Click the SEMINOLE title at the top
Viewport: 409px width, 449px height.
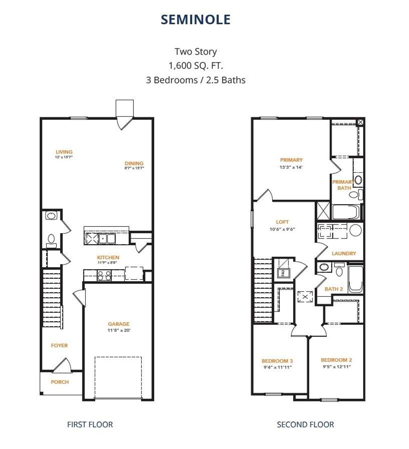pyautogui.click(x=196, y=19)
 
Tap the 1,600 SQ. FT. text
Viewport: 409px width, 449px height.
pyautogui.click(x=196, y=66)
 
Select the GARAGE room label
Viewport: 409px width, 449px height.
pyautogui.click(x=119, y=324)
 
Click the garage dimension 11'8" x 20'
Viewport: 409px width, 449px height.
pyautogui.click(x=119, y=330)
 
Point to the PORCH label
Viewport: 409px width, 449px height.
pyautogui.click(x=60, y=382)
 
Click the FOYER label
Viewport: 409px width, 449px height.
pyautogui.click(x=59, y=346)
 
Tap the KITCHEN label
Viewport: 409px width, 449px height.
pyautogui.click(x=108, y=258)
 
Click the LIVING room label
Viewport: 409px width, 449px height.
pyautogui.click(x=64, y=152)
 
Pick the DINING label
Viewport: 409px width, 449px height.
pyautogui.click(x=134, y=163)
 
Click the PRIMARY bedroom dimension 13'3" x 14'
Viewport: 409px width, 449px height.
pyautogui.click(x=291, y=167)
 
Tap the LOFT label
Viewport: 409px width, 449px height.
pyautogui.click(x=282, y=222)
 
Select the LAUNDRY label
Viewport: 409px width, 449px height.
pyautogui.click(x=344, y=253)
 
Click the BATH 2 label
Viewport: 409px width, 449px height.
pyautogui.click(x=334, y=289)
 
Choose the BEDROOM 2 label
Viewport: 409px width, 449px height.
pyautogui.click(x=336, y=360)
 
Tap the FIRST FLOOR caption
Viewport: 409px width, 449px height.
pyautogui.click(x=90, y=424)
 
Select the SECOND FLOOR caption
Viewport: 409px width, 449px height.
pyautogui.click(x=306, y=424)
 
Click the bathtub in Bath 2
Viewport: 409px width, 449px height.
pyautogui.click(x=355, y=278)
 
